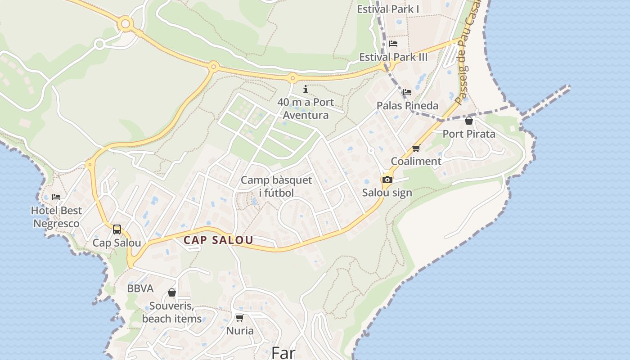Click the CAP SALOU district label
[x=218, y=240]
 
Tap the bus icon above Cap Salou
[x=117, y=229]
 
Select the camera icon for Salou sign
[x=387, y=180]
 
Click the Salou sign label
[x=387, y=193]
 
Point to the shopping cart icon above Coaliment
[x=416, y=148]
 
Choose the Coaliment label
[x=416, y=161]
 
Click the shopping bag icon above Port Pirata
[x=469, y=121]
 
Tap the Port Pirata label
[x=469, y=134]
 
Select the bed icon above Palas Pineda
[x=407, y=92]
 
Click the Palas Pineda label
[x=407, y=105]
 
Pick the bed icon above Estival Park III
[x=393, y=44]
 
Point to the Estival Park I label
[x=388, y=9]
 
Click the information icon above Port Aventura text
[x=306, y=89]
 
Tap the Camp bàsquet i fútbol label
[x=276, y=187]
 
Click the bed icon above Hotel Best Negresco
[x=56, y=197]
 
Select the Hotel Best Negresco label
[x=56, y=217]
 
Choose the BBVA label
[x=140, y=288]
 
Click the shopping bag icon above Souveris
[x=171, y=293]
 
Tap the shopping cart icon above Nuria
[x=240, y=318]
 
